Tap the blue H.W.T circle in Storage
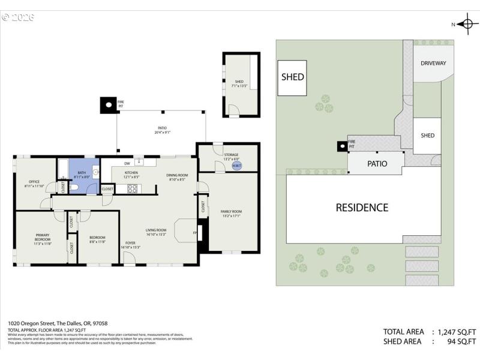click(236, 166)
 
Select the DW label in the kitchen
click(127, 163)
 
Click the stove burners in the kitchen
click(132, 188)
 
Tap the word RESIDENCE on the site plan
click(362, 208)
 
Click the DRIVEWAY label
click(433, 63)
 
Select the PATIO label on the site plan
click(377, 163)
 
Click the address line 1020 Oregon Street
click(58, 323)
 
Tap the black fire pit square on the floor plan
click(108, 106)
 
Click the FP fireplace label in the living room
click(194, 233)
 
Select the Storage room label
click(231, 156)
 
